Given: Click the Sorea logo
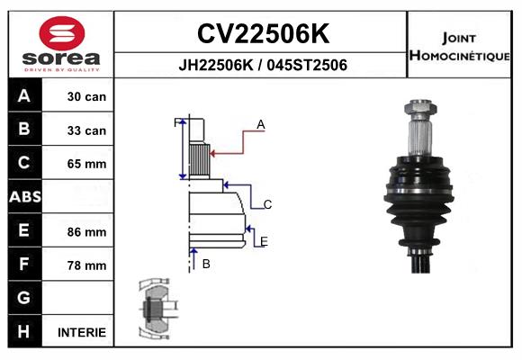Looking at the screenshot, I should pyautogui.click(x=61, y=44).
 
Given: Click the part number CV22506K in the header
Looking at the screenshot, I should pyautogui.click(x=262, y=34).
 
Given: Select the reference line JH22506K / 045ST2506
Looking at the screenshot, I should pyautogui.click(x=261, y=65).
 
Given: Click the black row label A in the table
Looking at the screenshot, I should pyautogui.click(x=24, y=96).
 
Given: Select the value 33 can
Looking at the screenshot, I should pyautogui.click(x=86, y=130).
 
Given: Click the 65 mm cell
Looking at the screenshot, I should pyautogui.click(x=86, y=164).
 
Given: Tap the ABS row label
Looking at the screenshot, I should pyautogui.click(x=24, y=197).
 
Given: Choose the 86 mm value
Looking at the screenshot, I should pyautogui.click(x=86, y=231).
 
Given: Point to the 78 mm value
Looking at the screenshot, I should pyautogui.click(x=86, y=265).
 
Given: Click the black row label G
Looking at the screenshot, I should pyautogui.click(x=24, y=298).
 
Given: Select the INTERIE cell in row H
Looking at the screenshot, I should pyautogui.click(x=82, y=332).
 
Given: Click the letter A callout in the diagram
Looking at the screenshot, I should pyautogui.click(x=261, y=125).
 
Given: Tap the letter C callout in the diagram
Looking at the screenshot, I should pyautogui.click(x=267, y=204).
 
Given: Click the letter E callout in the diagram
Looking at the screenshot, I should pyautogui.click(x=264, y=241).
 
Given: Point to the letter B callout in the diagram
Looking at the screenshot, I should pyautogui.click(x=206, y=264).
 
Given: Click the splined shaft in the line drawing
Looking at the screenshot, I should pyautogui.click(x=199, y=161).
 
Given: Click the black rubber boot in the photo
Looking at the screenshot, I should pyautogui.click(x=422, y=198).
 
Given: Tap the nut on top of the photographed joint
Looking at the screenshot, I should pyautogui.click(x=419, y=111).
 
